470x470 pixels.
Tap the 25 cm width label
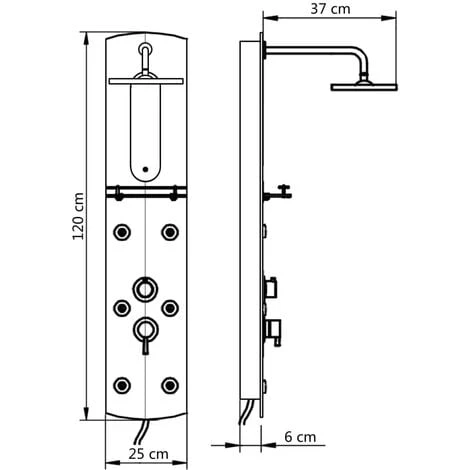(144, 455)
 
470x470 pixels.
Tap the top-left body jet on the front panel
(121, 232)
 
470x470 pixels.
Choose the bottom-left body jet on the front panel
(121, 382)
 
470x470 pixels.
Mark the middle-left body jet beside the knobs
(121, 307)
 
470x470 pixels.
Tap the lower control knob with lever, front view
(145, 329)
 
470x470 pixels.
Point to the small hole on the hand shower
(145, 169)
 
